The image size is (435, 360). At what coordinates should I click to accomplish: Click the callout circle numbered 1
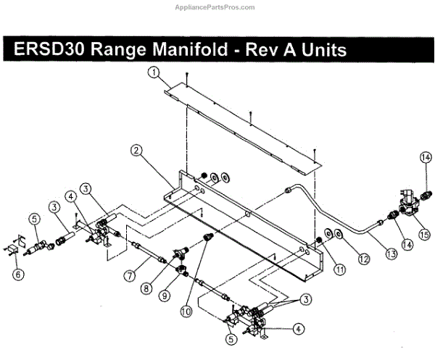coord(154,72)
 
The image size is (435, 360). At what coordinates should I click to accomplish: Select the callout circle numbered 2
coord(135,151)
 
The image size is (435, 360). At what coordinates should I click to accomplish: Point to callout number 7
coord(128,276)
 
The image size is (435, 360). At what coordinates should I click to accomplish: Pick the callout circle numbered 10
coord(185,312)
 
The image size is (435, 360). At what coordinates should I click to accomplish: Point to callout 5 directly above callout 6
coord(33,217)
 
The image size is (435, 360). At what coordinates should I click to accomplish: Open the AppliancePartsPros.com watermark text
coord(217,7)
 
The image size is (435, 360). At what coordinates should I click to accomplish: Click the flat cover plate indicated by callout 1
coord(239,123)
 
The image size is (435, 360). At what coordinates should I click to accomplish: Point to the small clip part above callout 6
coord(14,248)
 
